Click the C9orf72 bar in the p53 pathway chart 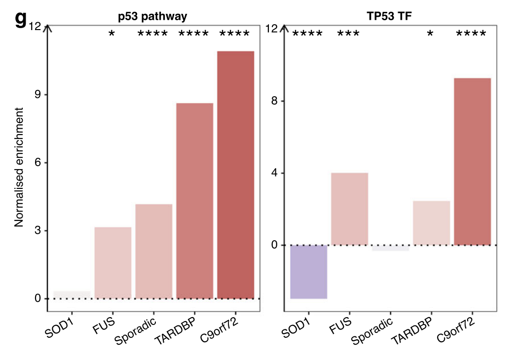coord(235,175)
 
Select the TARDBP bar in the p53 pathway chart coord(195,201)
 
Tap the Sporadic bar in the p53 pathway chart coord(154,251)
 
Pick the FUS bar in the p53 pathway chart coord(113,262)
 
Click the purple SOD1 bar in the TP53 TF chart coord(308,272)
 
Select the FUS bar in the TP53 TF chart coord(349,209)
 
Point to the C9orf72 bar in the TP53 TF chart coord(472,161)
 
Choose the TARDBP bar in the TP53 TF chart coord(431,223)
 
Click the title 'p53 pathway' coord(153,17)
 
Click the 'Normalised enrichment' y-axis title coord(19,171)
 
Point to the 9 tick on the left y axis coord(37,95)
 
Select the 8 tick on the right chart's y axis coord(275,101)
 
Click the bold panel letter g coord(20,19)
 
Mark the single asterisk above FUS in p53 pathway coord(112,34)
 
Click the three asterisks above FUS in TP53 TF coord(348,34)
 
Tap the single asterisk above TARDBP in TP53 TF coord(430,34)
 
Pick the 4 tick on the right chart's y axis coord(275,173)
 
